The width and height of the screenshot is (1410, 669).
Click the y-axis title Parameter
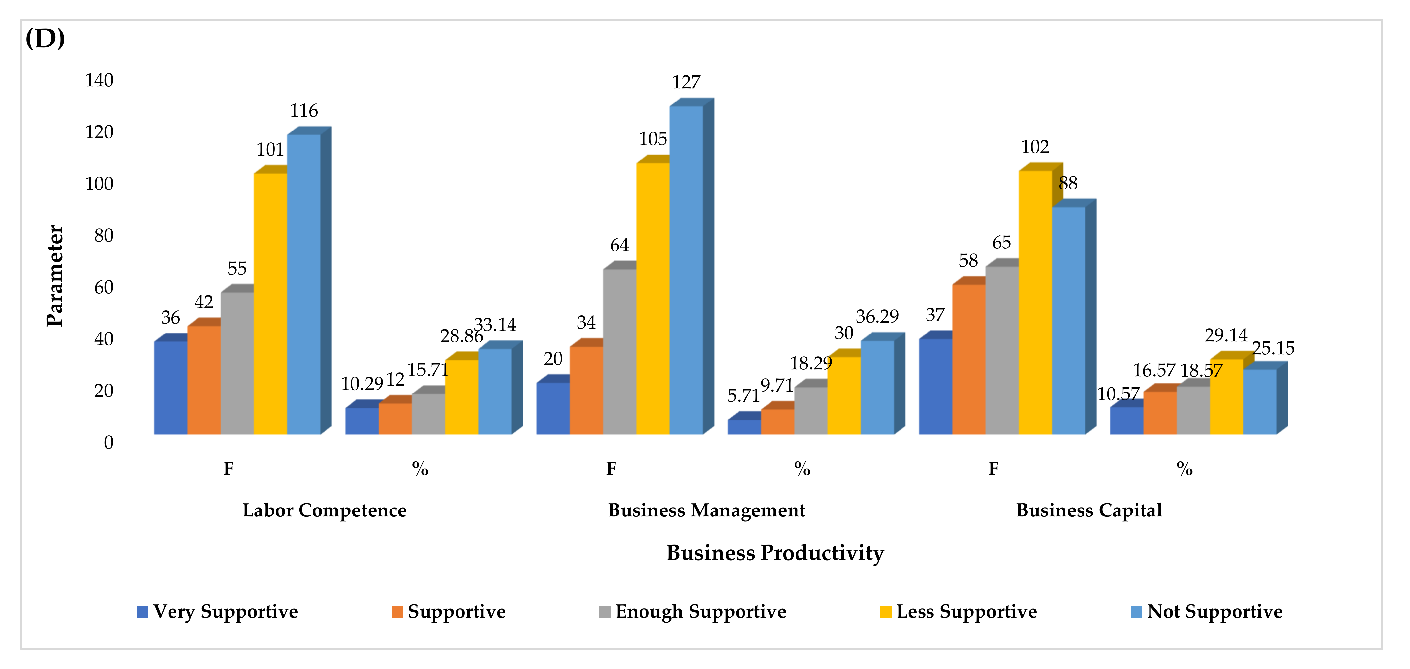click(55, 276)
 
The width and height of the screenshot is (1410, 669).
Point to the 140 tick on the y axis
click(99, 80)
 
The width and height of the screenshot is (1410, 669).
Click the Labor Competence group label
click(324, 510)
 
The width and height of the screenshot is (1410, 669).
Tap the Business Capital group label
click(1089, 510)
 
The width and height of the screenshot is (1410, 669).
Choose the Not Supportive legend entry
click(1214, 611)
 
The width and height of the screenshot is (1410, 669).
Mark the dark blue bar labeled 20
click(553, 408)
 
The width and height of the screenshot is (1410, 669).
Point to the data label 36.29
click(877, 316)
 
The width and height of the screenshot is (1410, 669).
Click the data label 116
click(304, 111)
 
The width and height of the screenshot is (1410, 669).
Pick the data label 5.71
click(743, 395)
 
